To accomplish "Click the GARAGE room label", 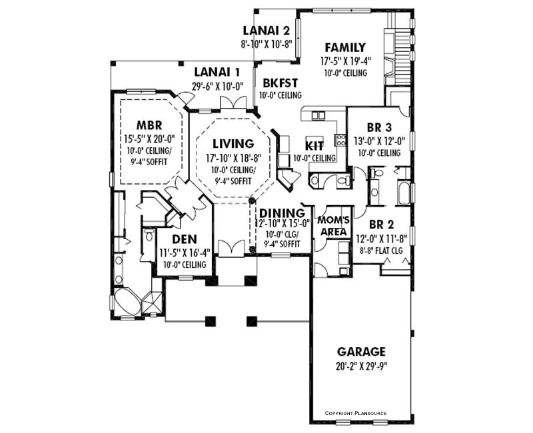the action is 361,351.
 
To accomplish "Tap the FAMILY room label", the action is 344,47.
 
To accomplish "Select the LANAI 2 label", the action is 266,31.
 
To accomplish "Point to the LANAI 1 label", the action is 217,72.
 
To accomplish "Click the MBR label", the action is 149,125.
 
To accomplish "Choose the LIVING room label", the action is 233,143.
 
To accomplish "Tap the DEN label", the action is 185,239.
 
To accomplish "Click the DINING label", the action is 282,213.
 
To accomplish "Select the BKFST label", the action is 280,83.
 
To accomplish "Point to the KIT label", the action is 314,146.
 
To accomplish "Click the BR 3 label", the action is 379,127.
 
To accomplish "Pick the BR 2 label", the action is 381,224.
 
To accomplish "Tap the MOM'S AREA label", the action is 334,226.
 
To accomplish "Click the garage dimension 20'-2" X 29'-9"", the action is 361,366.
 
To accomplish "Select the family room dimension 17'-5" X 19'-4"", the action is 345,61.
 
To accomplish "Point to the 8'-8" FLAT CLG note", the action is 381,251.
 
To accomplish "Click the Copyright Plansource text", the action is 356,413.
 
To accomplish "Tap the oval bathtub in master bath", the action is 127,302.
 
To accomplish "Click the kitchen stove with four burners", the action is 341,140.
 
